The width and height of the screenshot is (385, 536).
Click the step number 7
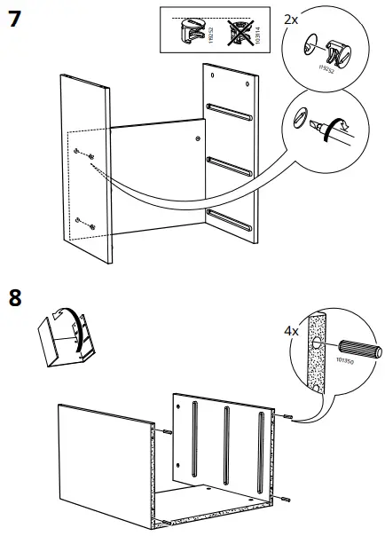coord(15,20)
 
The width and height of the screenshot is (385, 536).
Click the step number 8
coord(15,297)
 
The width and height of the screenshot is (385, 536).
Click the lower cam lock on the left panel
coord(91,226)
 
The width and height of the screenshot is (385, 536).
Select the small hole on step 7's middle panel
coord(196,138)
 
